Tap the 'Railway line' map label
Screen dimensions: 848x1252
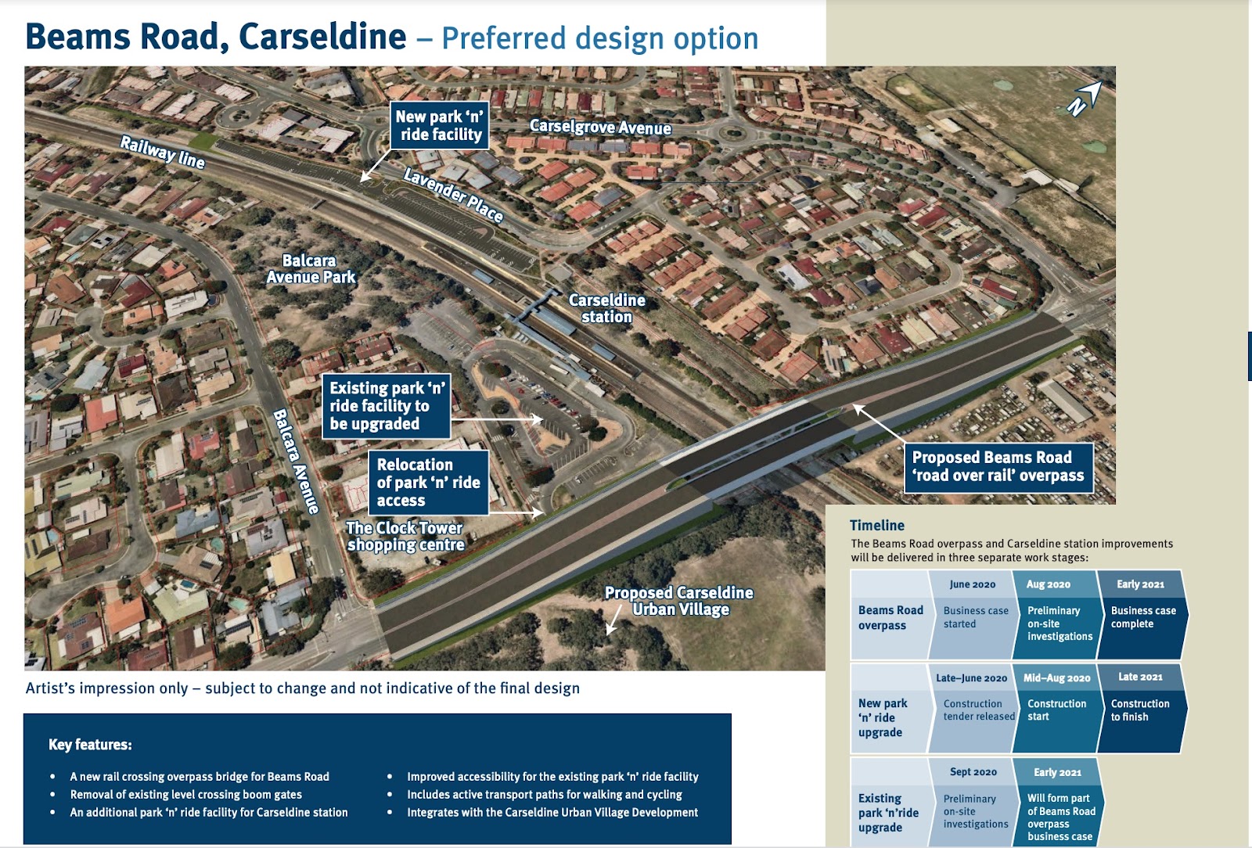163,152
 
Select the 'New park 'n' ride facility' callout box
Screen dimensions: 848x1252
439,125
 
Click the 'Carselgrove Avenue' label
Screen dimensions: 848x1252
600,127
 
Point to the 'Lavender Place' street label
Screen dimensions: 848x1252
453,195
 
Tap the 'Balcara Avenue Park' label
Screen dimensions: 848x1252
311,269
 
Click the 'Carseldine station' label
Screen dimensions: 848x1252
606,308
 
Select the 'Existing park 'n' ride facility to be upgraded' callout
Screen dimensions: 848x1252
387,406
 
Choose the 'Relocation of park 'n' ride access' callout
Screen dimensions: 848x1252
428,482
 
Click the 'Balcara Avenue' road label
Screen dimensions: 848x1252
296,462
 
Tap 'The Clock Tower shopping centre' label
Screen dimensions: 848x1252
405,537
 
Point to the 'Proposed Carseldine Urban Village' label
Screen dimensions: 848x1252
679,601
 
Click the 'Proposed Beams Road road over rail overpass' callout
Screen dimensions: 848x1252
998,466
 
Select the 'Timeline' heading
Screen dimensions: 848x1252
876,526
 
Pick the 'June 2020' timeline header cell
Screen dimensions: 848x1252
972,584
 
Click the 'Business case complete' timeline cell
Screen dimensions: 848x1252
1142,617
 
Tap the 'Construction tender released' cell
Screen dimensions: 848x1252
978,710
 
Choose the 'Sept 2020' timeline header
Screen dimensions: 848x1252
973,772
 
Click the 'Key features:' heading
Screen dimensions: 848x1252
90,745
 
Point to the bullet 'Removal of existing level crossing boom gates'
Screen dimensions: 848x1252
186,795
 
